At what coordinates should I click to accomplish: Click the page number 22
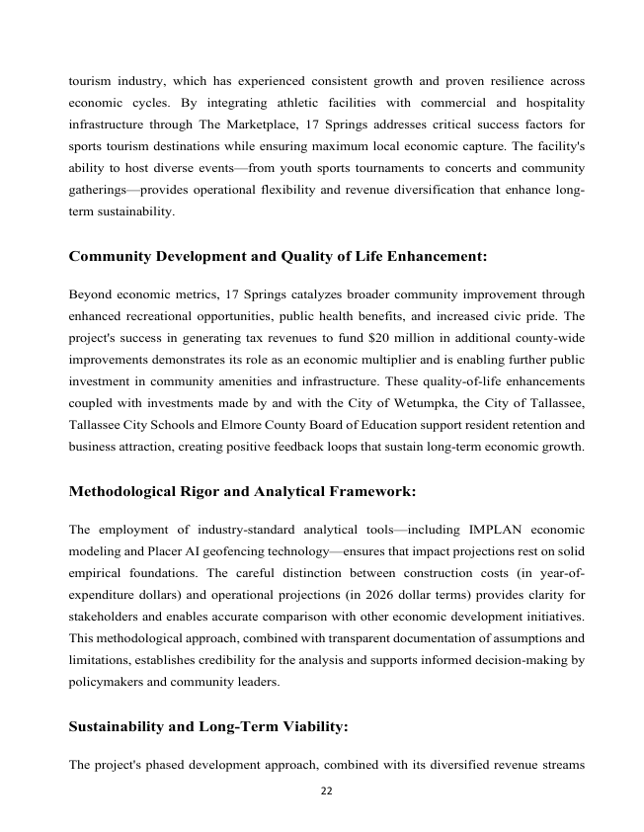coord(322,789)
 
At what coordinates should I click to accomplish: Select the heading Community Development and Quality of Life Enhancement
coord(278,257)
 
